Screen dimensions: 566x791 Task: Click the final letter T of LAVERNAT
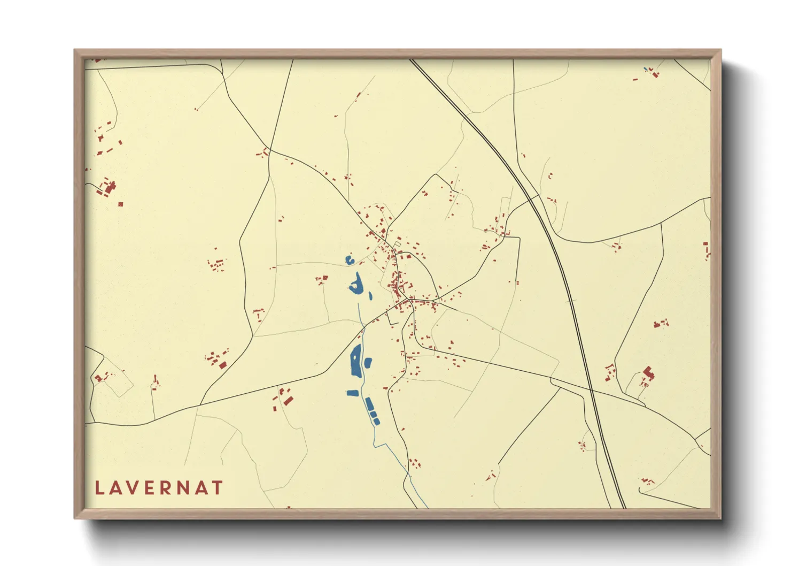(216, 488)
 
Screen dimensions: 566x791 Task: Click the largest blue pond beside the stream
(355, 361)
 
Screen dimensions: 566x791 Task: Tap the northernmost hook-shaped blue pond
(349, 261)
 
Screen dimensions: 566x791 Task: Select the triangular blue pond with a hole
(355, 284)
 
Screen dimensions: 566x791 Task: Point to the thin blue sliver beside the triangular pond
(370, 294)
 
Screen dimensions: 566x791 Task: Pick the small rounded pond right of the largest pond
(368, 363)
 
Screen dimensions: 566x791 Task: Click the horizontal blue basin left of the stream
(352, 393)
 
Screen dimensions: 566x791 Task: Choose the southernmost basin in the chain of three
(376, 422)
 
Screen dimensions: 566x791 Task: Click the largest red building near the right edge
(648, 373)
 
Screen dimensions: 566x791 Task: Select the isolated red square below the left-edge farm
(121, 204)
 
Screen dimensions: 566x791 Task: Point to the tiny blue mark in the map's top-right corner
(646, 68)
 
